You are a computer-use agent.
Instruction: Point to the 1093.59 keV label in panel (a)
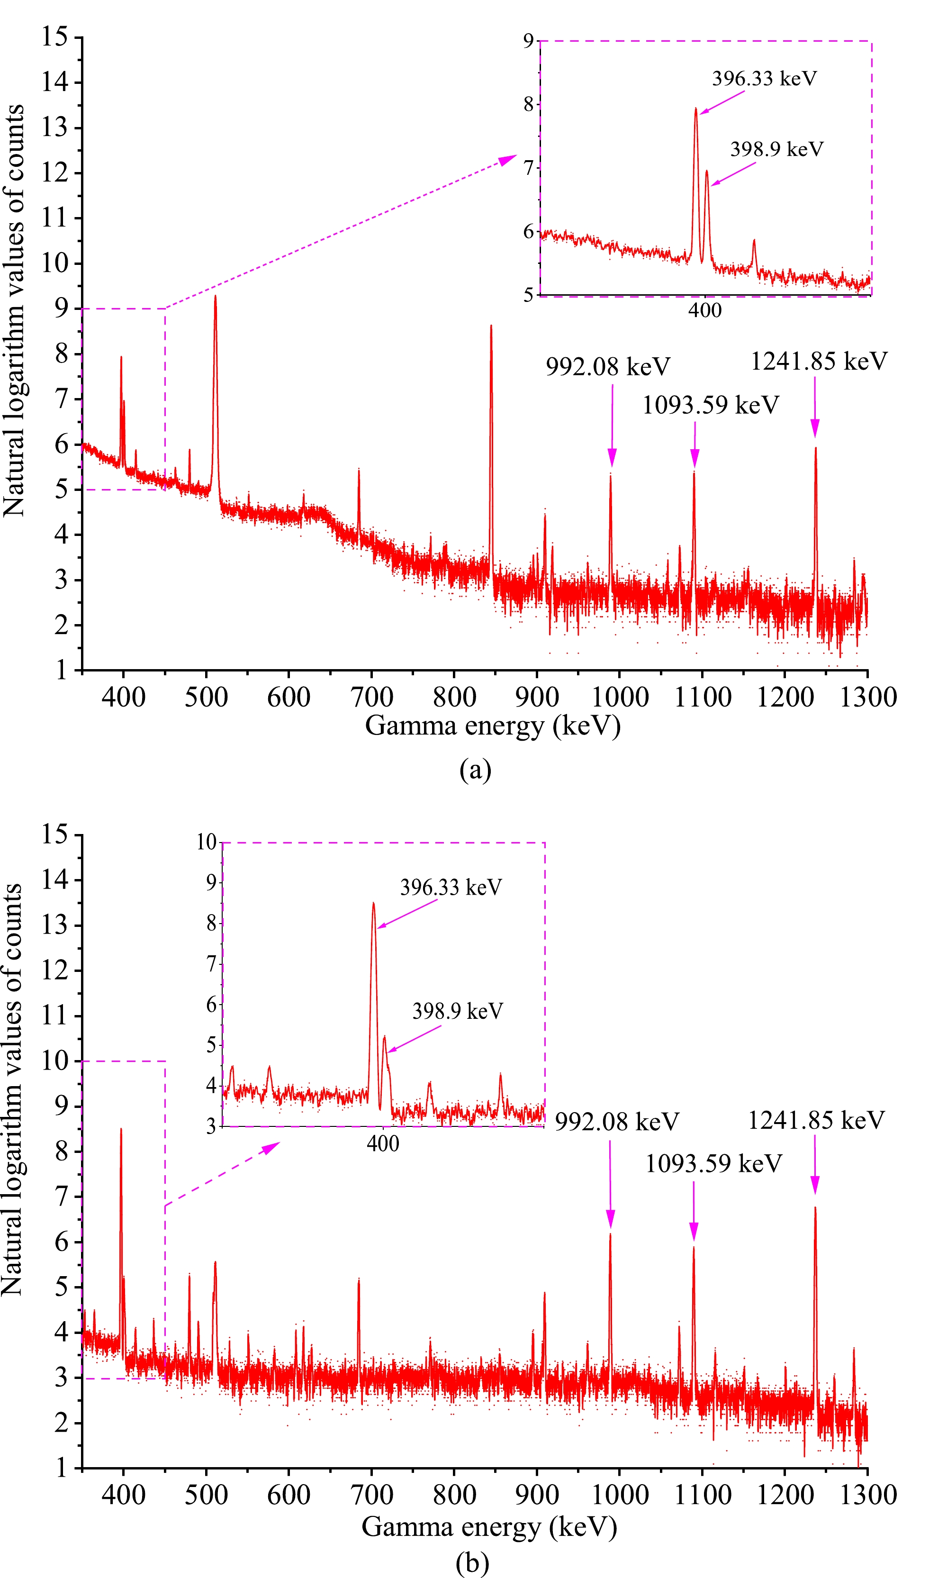711,405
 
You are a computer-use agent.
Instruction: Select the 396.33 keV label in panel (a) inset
764,79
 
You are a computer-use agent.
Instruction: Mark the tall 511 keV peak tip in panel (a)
216,297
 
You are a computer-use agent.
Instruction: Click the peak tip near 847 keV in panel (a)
491,326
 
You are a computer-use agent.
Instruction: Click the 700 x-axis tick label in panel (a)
372,698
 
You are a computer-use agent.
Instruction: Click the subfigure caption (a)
475,770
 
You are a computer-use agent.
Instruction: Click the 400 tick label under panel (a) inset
705,310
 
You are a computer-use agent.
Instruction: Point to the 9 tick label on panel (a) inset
528,41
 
